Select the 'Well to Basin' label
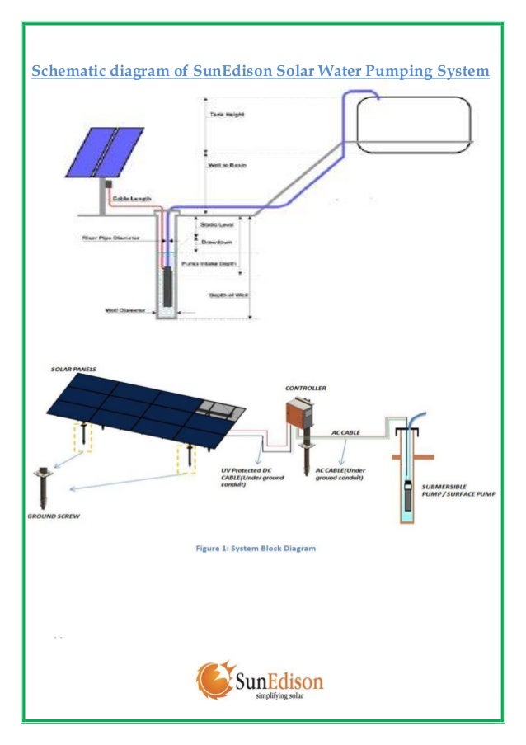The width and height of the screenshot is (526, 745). pyautogui.click(x=223, y=165)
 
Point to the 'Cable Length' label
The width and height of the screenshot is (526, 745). pyautogui.click(x=131, y=199)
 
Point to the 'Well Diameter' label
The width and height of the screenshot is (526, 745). pyautogui.click(x=125, y=311)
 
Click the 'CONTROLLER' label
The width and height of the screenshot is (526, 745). pyautogui.click(x=305, y=386)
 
